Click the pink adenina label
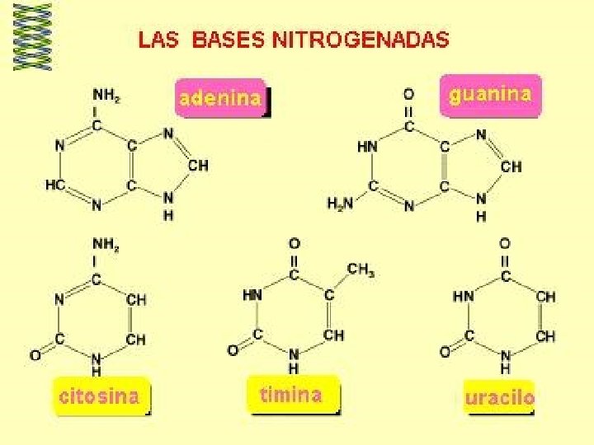click(x=220, y=99)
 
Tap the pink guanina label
click(x=489, y=95)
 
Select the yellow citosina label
click(x=99, y=396)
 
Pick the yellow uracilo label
click(x=499, y=397)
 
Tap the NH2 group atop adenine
click(x=106, y=96)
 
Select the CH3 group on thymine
click(x=360, y=269)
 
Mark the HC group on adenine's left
click(x=55, y=186)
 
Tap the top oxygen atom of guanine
click(x=408, y=95)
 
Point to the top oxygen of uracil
click(x=505, y=244)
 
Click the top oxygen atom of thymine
click(x=294, y=244)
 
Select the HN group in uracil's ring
click(x=464, y=295)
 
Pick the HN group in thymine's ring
click(x=253, y=294)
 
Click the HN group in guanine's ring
click(x=367, y=146)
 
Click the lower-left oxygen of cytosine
click(x=35, y=356)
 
